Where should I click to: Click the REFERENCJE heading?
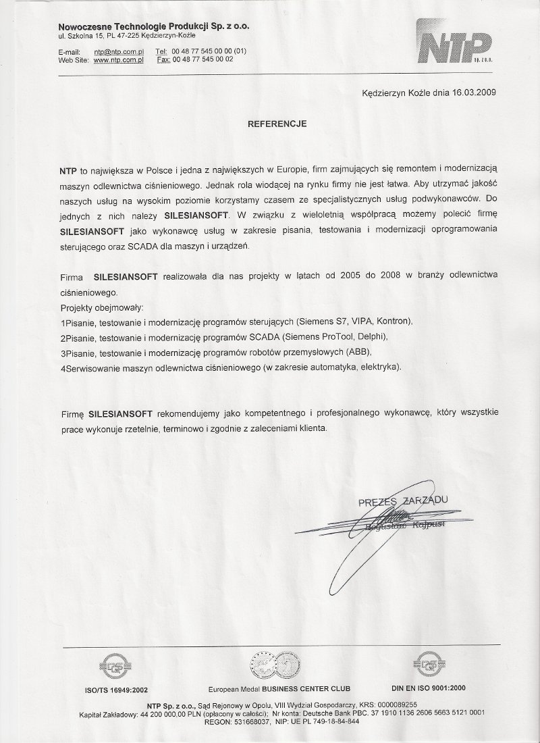coord(277,124)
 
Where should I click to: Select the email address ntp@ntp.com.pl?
coord(119,51)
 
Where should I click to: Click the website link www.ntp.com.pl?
coord(119,59)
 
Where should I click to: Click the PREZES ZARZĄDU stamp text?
coord(403,502)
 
